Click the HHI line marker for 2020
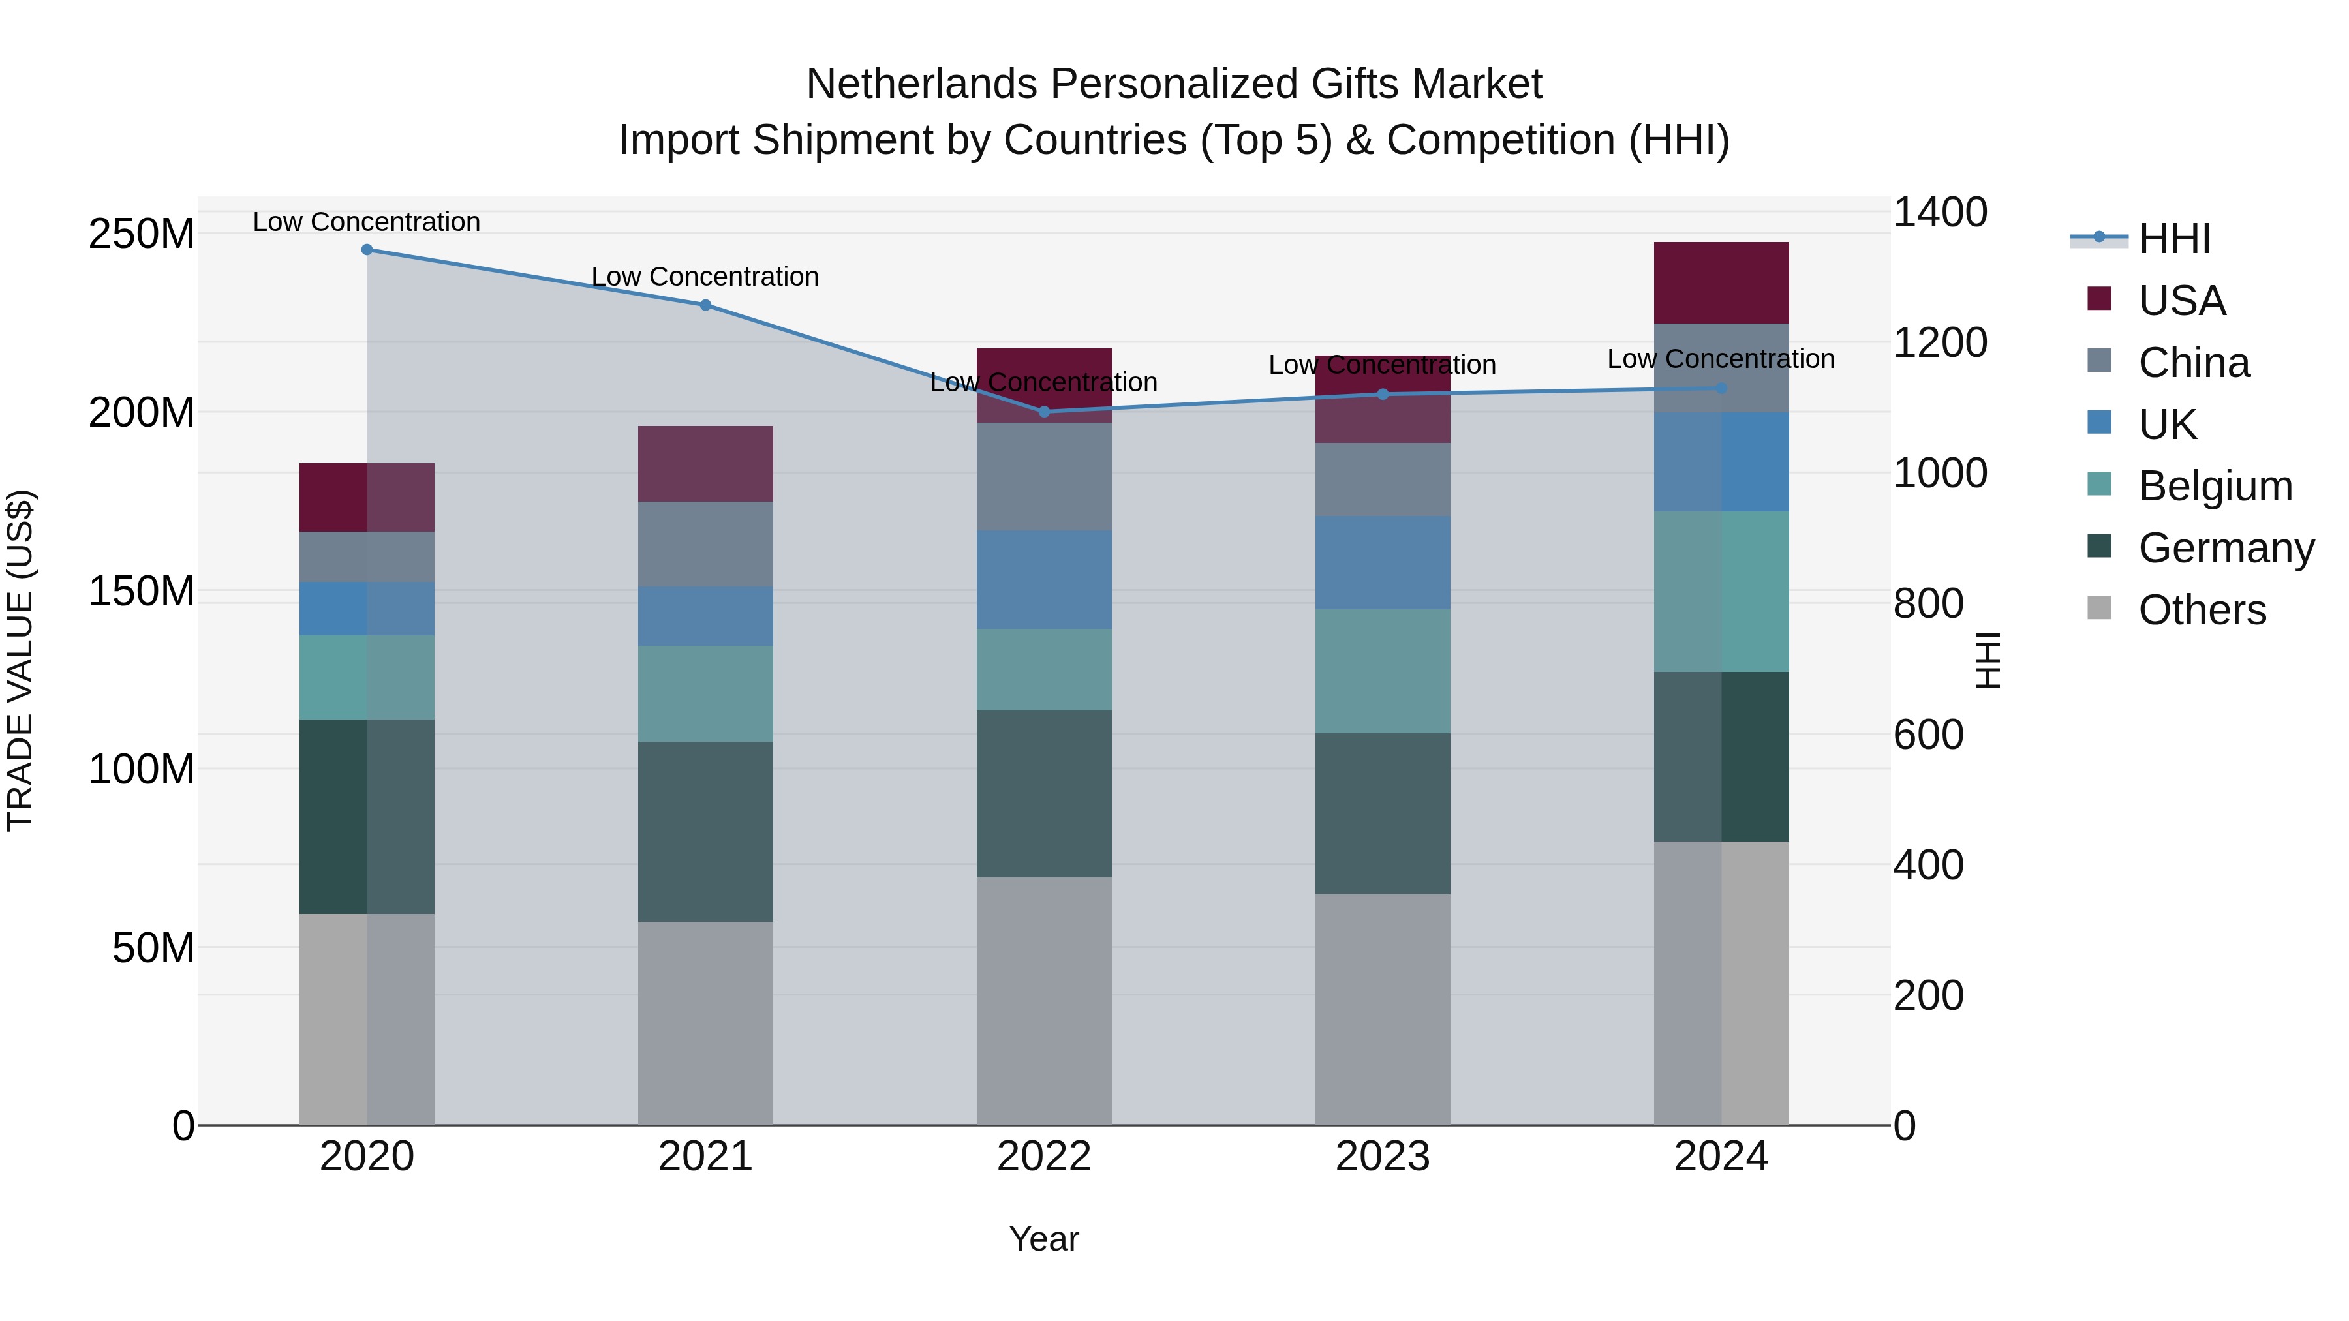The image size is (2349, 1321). pos(367,250)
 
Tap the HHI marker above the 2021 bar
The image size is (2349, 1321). pos(705,305)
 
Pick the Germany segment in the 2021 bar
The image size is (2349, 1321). pos(705,832)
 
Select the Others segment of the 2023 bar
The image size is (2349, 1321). pos(1383,1009)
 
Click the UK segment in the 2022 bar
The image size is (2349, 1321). pos(1044,580)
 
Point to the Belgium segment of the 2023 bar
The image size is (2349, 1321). pos(1383,671)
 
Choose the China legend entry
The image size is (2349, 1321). pos(2193,363)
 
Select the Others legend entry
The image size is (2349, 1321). pos(2202,610)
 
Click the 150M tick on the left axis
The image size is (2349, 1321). pos(142,592)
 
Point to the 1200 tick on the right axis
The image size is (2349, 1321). pos(1940,342)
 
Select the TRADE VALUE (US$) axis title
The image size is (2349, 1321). pos(21,660)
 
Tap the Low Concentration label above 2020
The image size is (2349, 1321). pos(367,222)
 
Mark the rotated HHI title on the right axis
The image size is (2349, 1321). pos(1988,660)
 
